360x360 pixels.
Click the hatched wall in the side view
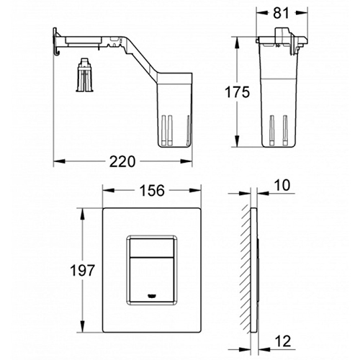click(x=246, y=266)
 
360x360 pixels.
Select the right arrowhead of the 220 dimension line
click(x=190, y=162)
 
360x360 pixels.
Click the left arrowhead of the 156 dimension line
click(x=102, y=191)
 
